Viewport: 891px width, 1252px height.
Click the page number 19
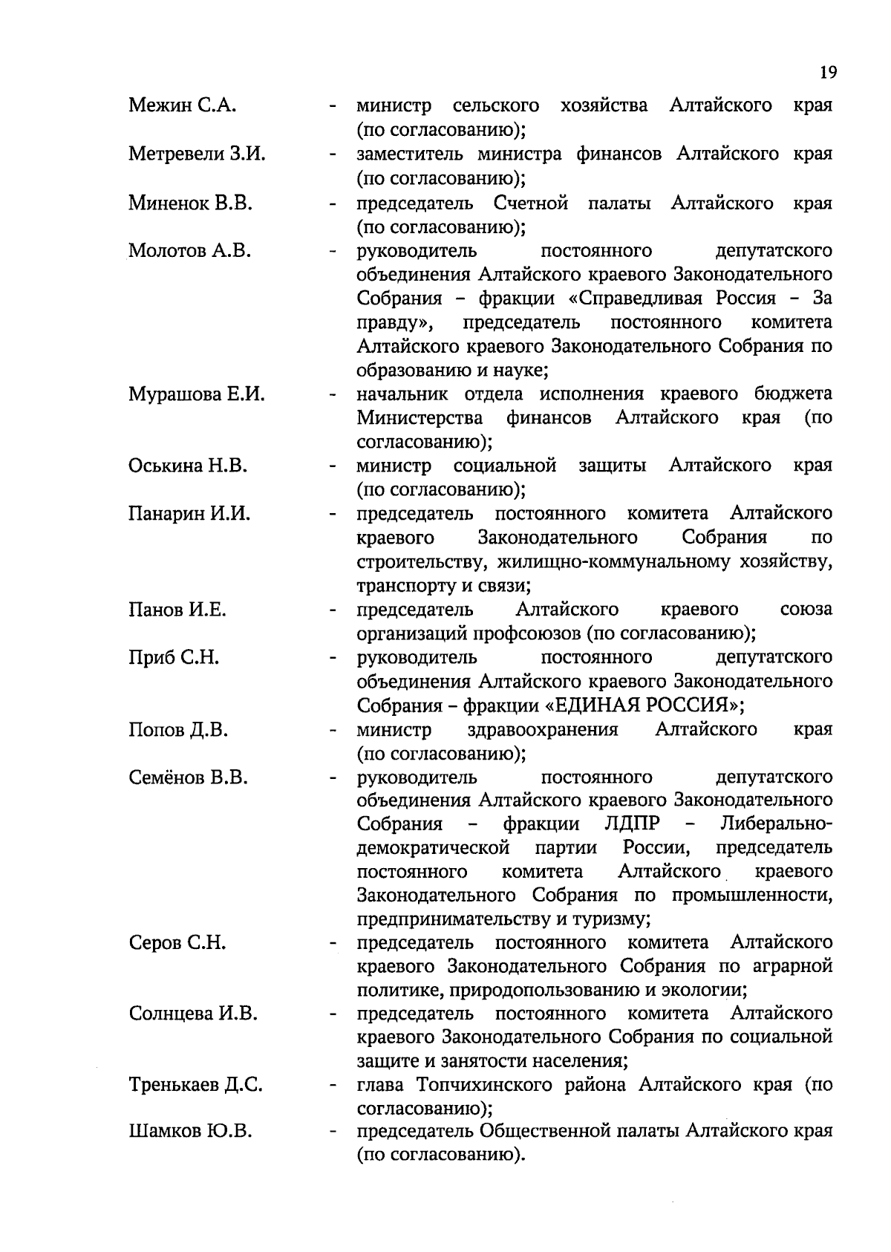[x=829, y=72]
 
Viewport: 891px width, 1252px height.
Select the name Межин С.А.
[x=182, y=105]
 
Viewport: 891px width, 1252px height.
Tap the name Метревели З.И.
[x=197, y=154]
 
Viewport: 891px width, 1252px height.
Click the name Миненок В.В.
[x=190, y=203]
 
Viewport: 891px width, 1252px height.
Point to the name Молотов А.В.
[x=189, y=250]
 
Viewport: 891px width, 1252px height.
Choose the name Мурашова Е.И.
[x=196, y=394]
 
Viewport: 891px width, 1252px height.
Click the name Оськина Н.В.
[x=188, y=466]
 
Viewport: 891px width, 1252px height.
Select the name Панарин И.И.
[x=189, y=513]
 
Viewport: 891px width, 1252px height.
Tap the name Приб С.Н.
[x=174, y=657]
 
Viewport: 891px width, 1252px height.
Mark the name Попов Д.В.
[x=178, y=730]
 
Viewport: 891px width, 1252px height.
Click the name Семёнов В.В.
[x=188, y=777]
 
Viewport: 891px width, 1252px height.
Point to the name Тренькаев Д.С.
[x=195, y=1085]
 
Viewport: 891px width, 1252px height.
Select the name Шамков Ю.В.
[x=190, y=1132]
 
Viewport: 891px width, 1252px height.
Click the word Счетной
[x=531, y=203]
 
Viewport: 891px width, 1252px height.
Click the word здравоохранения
[x=543, y=730]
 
